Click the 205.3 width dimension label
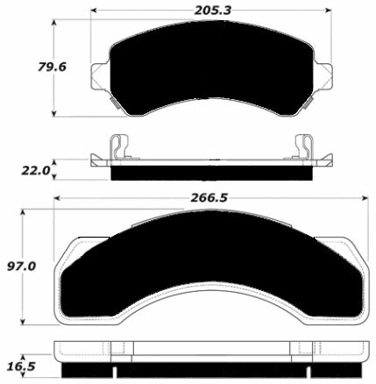click(x=212, y=11)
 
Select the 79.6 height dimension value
click(x=52, y=67)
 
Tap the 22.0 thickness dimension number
click(x=36, y=171)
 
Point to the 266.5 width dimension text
click(x=209, y=198)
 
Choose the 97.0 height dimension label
click(x=21, y=267)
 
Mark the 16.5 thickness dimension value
click(x=21, y=366)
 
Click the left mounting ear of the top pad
click(x=100, y=76)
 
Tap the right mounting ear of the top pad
click(x=323, y=76)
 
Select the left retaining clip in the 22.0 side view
click(x=119, y=147)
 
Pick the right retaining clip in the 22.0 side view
click(x=304, y=147)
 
